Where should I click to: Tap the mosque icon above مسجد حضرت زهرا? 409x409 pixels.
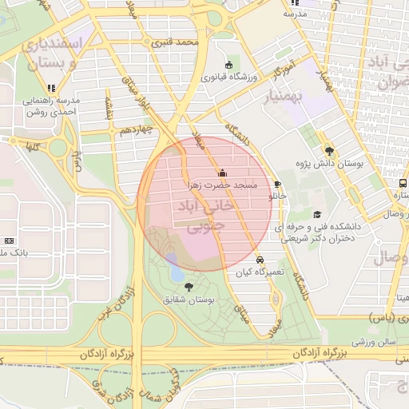click(221, 173)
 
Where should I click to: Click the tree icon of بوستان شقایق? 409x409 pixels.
click(189, 286)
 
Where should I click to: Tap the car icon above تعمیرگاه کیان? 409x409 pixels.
click(260, 260)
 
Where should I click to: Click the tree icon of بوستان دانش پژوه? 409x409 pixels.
click(329, 150)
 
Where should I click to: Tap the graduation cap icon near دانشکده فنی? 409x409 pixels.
click(317, 214)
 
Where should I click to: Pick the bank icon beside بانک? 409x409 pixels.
click(9, 240)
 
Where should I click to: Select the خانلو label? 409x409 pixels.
click(276, 195)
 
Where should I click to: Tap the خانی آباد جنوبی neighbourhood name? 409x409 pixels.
click(205, 216)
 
